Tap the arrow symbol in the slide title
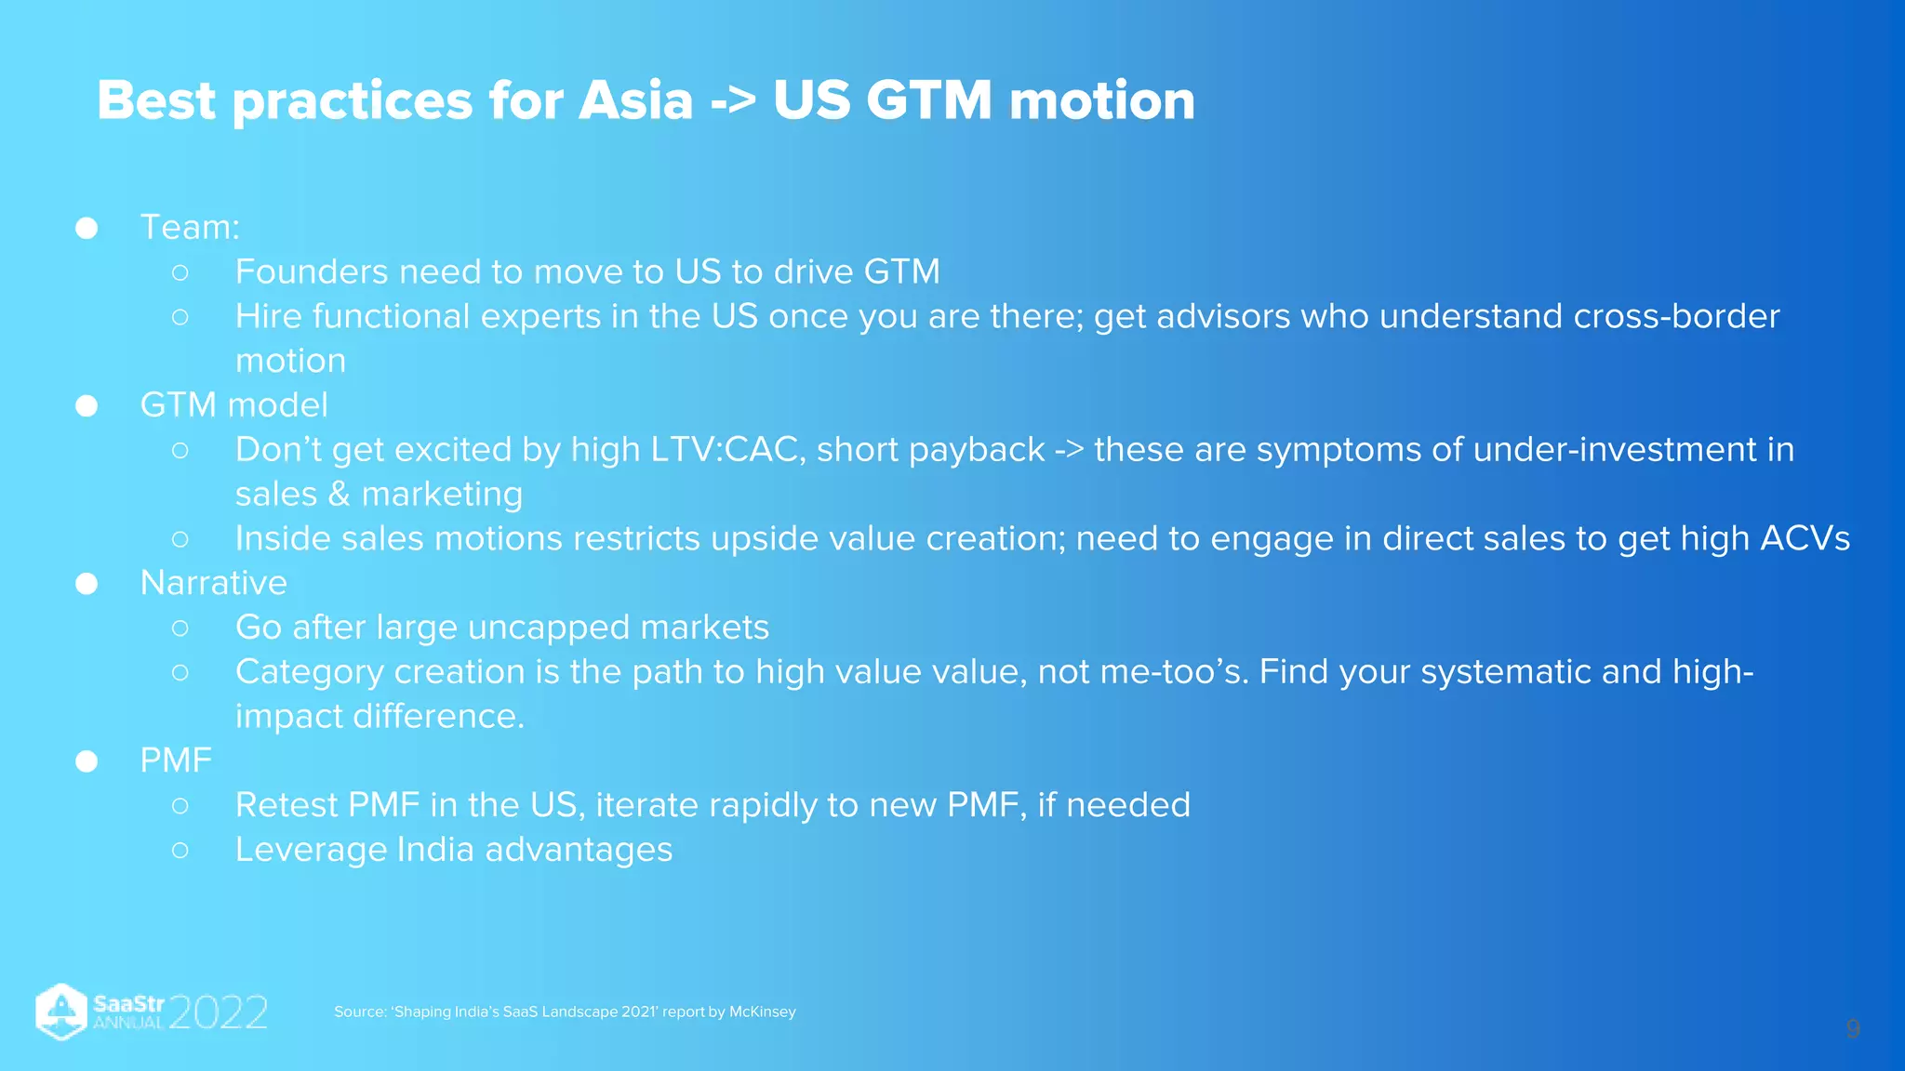733,102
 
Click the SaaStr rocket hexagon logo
61,1011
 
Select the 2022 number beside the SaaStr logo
219,1012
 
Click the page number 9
1852,1029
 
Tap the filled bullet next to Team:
87,228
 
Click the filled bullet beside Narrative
87,584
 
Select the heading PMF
176,760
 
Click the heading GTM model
233,405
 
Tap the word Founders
312,271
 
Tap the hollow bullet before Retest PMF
180,806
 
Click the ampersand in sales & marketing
339,495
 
